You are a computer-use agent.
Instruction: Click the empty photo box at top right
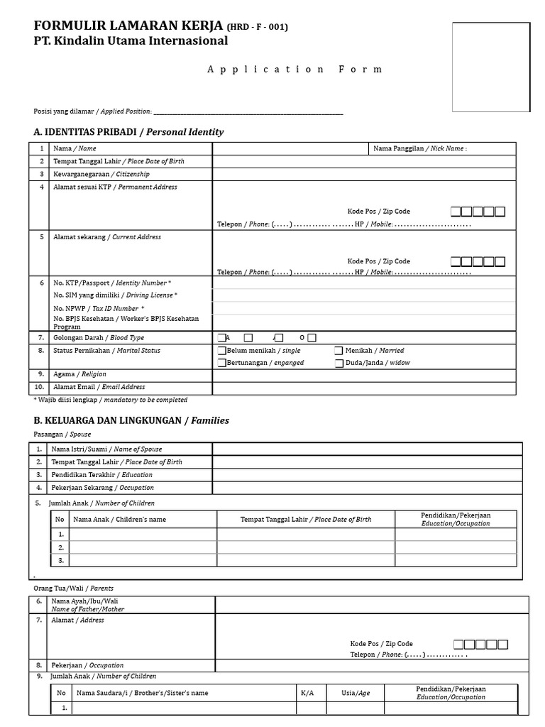point(492,67)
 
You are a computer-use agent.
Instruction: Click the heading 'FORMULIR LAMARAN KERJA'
point(129,26)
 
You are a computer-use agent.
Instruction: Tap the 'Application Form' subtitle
point(294,70)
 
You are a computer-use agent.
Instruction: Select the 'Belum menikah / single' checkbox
point(222,351)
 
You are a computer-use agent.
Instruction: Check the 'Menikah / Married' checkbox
point(339,351)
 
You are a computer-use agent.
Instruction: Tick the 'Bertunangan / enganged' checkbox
point(222,363)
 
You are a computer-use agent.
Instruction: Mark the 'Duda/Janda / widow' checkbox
point(339,363)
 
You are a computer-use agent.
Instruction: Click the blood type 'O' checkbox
point(312,338)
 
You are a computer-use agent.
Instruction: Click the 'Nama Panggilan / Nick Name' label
point(419,148)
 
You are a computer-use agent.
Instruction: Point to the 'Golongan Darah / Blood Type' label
point(99,338)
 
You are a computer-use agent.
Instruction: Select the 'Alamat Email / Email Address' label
point(99,388)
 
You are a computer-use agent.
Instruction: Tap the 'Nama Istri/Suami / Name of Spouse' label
point(106,449)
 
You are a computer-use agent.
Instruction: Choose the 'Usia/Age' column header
point(356,693)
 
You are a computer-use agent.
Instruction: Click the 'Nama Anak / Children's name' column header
point(119,520)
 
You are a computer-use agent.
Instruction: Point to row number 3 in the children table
point(61,560)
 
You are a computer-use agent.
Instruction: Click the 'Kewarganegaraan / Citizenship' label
point(101,174)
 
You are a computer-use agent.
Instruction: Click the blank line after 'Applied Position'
point(248,111)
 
